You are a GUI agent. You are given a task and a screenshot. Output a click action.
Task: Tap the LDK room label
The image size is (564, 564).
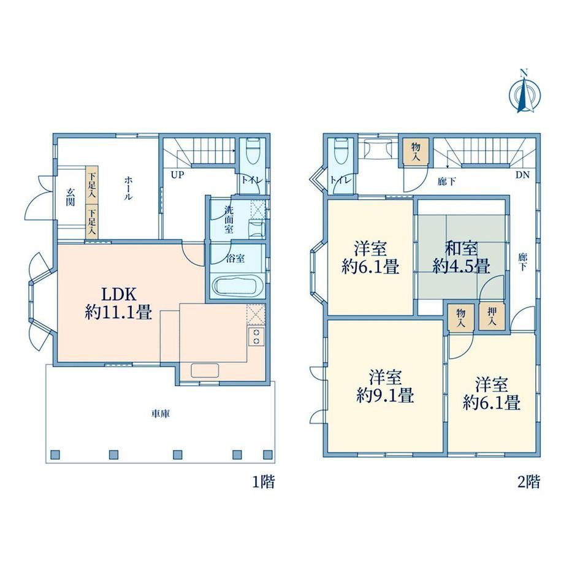tap(118, 303)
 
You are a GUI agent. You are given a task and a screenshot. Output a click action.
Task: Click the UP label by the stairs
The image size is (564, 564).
tap(177, 175)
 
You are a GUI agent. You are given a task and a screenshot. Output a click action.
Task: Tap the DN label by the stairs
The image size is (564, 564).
tap(522, 175)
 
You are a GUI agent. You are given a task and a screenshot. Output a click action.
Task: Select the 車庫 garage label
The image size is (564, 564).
tap(160, 414)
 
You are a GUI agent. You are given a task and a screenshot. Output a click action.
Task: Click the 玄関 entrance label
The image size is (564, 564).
tap(70, 197)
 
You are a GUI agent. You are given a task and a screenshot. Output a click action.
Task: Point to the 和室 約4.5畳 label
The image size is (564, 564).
tap(461, 257)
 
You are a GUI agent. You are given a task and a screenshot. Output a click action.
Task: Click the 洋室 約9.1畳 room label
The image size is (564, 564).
tap(385, 386)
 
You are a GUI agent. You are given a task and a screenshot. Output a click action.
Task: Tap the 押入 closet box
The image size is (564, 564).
tap(492, 316)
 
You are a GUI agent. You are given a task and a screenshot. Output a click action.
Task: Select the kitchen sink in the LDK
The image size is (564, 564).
tap(205, 370)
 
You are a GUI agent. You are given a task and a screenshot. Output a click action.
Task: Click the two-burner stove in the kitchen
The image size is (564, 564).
tap(256, 337)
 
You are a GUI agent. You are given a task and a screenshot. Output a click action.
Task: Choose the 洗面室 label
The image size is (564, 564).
tap(229, 219)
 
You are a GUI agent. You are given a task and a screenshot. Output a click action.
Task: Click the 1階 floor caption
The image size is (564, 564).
tap(264, 482)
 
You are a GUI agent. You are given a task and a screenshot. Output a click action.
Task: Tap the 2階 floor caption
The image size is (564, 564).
tap(528, 482)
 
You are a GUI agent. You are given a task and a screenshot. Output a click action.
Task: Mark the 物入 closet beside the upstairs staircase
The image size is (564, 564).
tap(416, 151)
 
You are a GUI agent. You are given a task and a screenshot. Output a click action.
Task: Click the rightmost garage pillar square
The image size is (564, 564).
tap(268, 455)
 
